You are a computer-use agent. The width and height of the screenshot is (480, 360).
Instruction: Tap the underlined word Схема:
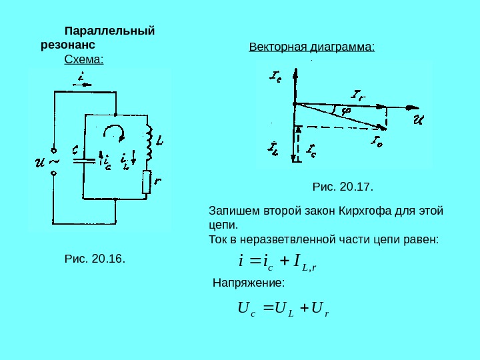coord(84,60)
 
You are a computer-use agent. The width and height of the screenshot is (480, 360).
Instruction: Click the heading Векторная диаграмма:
coord(312,47)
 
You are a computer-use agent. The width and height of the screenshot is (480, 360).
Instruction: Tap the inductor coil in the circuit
coord(150,144)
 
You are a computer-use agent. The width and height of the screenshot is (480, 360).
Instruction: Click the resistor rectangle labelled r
coord(147,183)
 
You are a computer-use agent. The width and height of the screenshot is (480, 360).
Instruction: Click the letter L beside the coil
coord(160,140)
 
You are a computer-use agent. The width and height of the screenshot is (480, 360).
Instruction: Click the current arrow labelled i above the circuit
coord(81,79)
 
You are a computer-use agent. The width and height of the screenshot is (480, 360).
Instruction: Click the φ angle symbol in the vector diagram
coord(346,110)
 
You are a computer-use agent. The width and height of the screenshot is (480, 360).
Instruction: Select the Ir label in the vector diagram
coord(357,95)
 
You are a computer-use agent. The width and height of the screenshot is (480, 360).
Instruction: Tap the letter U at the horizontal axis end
coord(418,120)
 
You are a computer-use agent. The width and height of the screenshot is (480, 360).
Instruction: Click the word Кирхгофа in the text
coord(367,211)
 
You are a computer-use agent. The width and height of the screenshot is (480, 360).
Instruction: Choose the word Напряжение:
coord(248,283)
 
